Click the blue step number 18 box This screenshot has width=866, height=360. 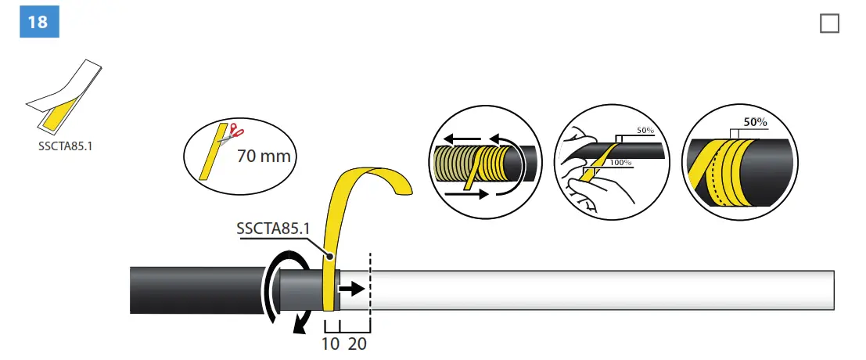[38, 22]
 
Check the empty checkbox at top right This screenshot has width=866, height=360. [829, 23]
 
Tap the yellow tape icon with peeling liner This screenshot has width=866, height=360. [63, 98]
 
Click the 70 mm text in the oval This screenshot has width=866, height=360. [264, 156]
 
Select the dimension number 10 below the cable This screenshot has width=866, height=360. [331, 343]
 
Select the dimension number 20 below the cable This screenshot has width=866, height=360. [358, 343]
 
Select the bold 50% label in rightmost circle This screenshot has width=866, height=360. [755, 122]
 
